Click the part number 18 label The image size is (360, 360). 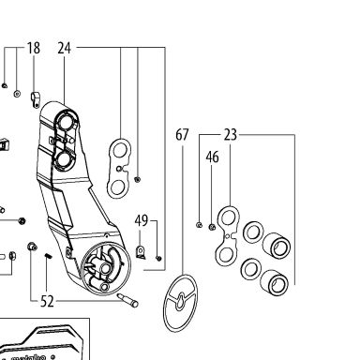pos(34,48)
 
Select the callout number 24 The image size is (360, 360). pos(65,48)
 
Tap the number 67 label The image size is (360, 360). pos(182,135)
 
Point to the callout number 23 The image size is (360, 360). pos(231,135)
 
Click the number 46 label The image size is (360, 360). pos(212,157)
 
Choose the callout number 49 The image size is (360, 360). pos(142,220)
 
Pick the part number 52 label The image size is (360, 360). pos(47,301)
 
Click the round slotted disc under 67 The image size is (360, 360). pos(180,303)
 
